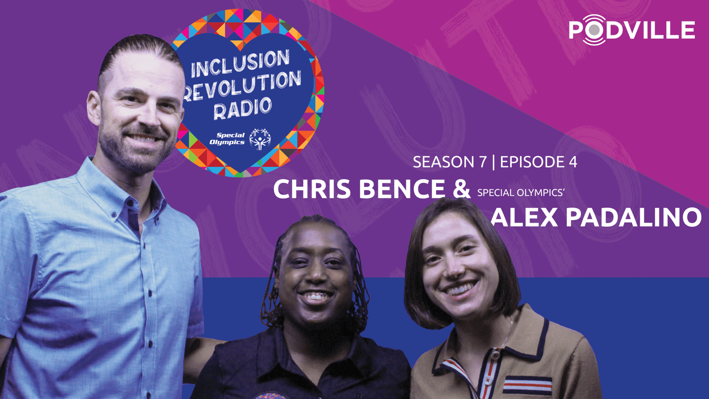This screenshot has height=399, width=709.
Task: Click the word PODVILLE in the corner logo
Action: click(x=632, y=30)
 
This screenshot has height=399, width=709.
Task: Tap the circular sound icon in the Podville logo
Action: click(x=594, y=30)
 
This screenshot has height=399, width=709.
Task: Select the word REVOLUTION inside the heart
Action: click(x=242, y=86)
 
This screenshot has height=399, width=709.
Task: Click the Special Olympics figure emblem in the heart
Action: click(x=260, y=139)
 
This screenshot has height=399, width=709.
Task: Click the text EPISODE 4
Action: click(x=538, y=162)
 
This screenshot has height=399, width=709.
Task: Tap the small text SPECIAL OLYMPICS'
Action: click(x=521, y=193)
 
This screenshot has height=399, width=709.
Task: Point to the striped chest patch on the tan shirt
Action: click(x=527, y=385)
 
